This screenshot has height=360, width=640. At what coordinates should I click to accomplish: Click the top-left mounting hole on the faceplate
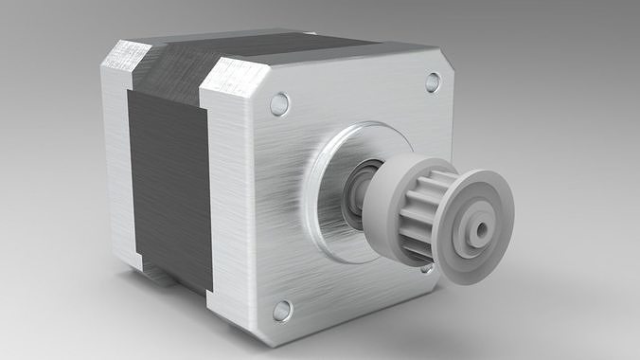click(279, 103)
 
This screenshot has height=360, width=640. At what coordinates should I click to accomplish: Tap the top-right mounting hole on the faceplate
click(433, 82)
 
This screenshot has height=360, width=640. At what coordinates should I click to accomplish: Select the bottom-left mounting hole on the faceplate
click(282, 310)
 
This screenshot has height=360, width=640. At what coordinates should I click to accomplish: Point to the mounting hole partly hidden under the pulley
click(428, 267)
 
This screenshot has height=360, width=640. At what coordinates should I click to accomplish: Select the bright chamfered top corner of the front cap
click(232, 80)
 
